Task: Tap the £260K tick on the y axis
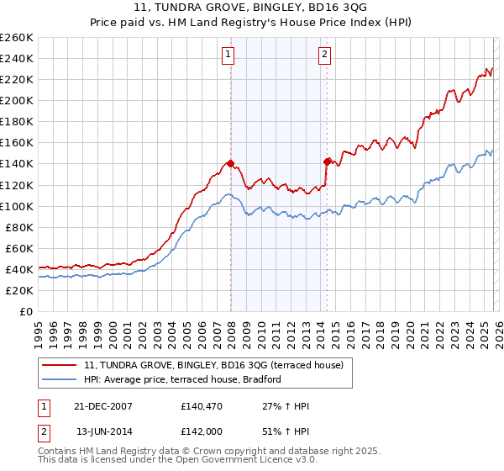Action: (x=16, y=38)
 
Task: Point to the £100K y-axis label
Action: (x=16, y=206)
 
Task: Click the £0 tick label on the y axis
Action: (x=26, y=311)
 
